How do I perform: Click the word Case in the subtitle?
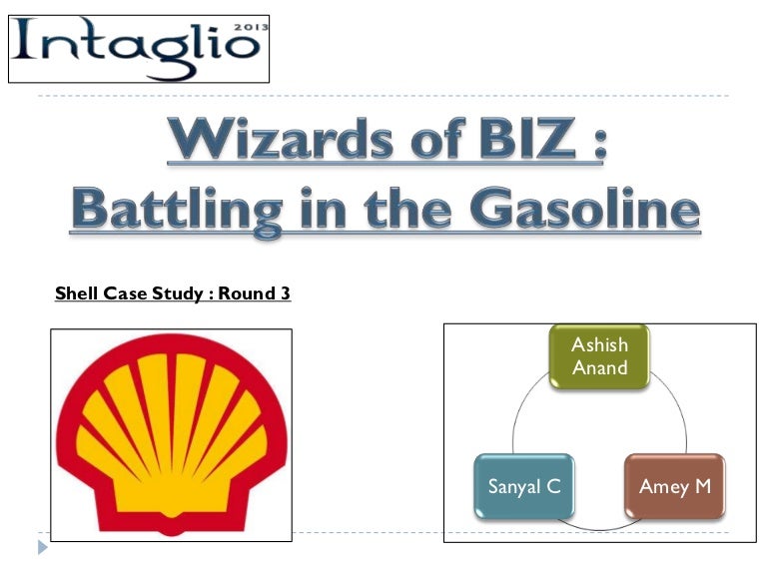click(x=120, y=294)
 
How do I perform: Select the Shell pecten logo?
click(x=172, y=435)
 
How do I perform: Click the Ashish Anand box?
click(x=599, y=356)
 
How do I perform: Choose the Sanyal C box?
click(x=524, y=487)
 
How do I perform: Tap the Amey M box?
click(x=675, y=487)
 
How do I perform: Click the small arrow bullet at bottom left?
click(x=41, y=548)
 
